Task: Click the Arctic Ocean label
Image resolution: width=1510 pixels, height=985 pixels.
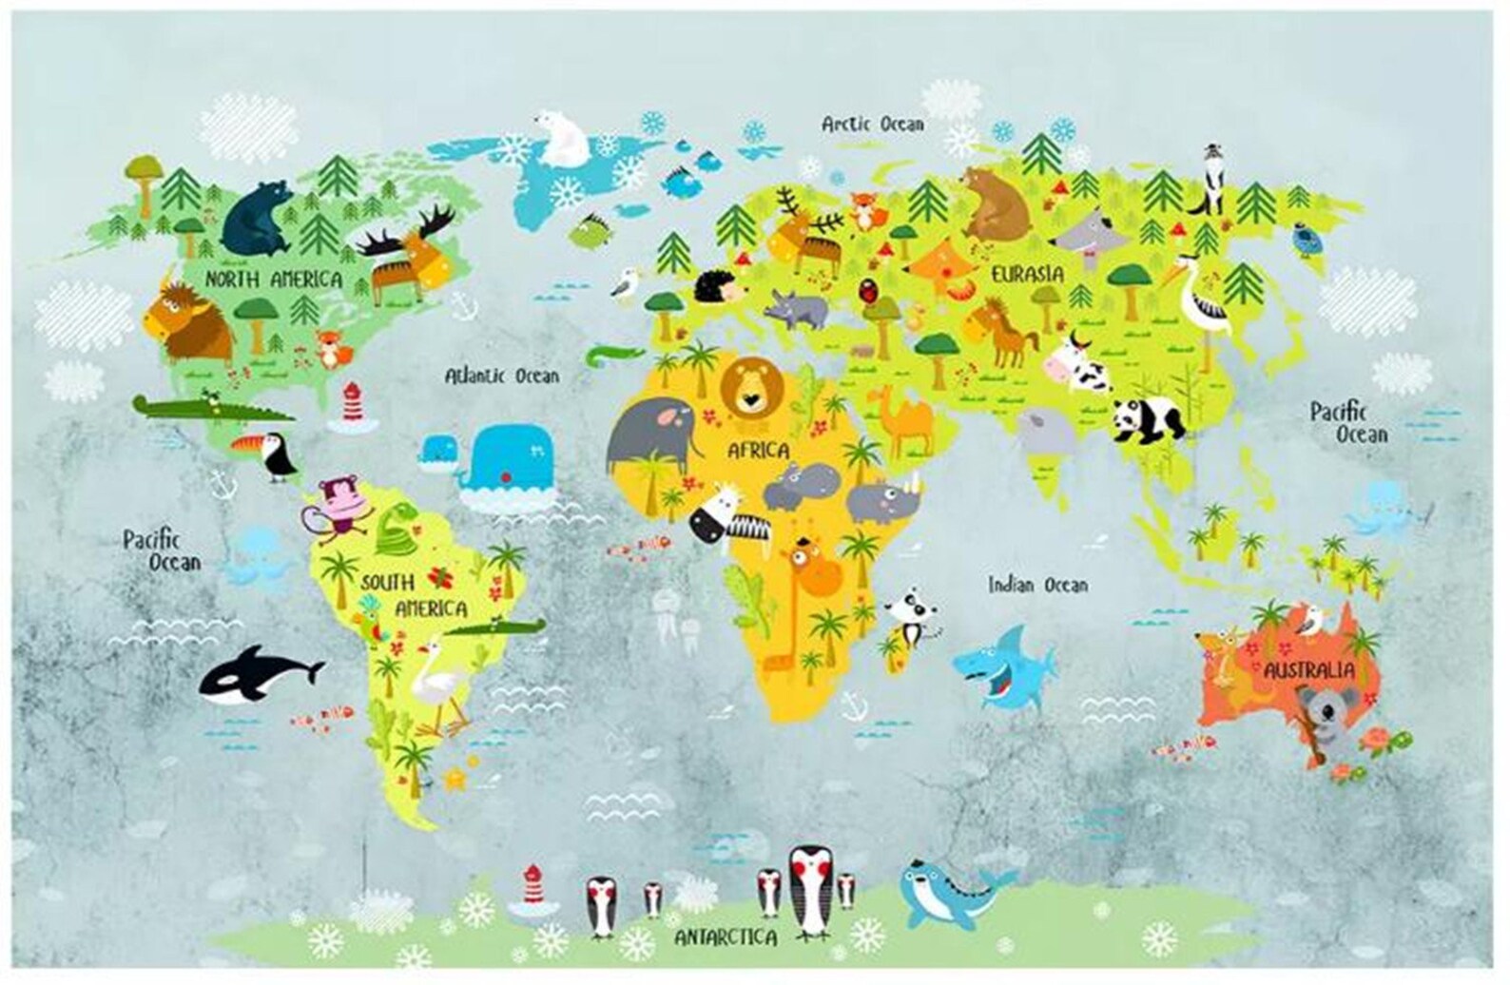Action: (x=872, y=124)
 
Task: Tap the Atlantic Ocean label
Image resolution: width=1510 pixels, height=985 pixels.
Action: (x=502, y=376)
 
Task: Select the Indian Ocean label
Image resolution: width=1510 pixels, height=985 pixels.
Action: (x=1036, y=584)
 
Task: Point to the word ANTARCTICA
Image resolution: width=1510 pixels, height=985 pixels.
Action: (x=726, y=937)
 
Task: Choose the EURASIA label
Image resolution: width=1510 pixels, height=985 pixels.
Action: (x=1027, y=274)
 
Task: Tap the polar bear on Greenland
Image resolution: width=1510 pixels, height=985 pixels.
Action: (x=563, y=141)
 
